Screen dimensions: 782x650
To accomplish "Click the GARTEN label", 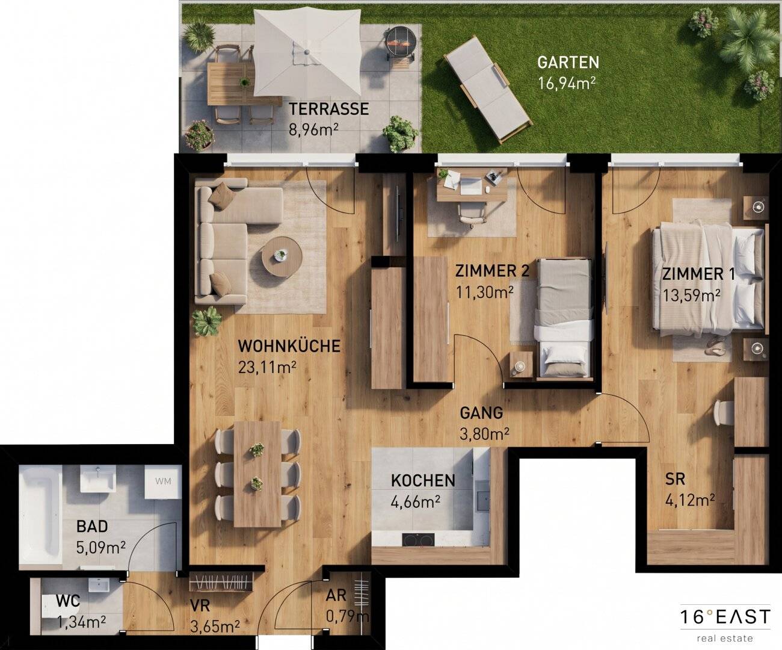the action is (568, 62).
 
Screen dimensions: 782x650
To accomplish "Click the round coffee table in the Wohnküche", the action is (281, 256).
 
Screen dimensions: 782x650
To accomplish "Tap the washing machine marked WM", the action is (163, 482).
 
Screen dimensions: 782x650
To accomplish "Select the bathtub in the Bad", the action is (40, 517).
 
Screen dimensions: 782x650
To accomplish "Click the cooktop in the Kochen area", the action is (418, 540).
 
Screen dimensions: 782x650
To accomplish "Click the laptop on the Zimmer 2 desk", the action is (471, 186).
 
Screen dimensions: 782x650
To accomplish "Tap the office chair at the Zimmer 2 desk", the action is (472, 215).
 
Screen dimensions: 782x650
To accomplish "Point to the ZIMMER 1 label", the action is (698, 274).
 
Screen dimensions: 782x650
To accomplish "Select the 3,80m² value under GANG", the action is (484, 434).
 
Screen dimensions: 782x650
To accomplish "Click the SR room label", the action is (676, 479).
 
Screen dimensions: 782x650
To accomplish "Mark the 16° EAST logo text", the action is (725, 617).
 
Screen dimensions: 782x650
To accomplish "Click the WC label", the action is (68, 601).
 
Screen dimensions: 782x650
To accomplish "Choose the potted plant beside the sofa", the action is (206, 321).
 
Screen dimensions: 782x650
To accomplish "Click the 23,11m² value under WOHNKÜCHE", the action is (267, 368).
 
